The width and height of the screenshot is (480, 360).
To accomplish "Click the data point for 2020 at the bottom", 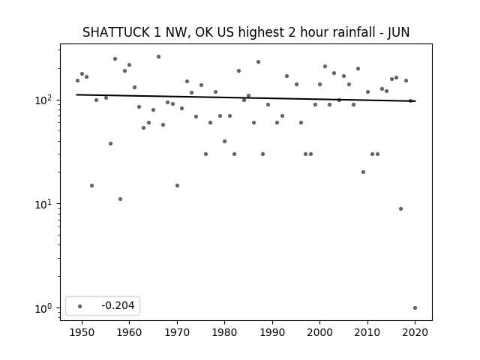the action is click(x=415, y=308).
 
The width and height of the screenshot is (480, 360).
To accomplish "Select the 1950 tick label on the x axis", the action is click(x=82, y=332).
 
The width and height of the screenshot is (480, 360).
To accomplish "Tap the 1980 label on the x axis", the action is click(x=224, y=332).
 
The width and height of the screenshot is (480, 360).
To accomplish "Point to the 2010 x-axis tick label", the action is click(x=367, y=332).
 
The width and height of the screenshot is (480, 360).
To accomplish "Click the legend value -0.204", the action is click(x=118, y=305).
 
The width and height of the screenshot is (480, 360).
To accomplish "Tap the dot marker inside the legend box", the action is click(x=80, y=306).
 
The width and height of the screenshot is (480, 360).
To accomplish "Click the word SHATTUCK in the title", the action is click(x=116, y=32).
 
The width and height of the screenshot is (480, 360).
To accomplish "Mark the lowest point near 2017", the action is click(x=400, y=208).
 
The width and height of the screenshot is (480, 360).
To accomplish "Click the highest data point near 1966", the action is click(x=158, y=57).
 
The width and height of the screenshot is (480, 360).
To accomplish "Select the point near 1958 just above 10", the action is click(x=120, y=199).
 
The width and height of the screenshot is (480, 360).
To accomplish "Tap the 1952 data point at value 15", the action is click(x=91, y=185).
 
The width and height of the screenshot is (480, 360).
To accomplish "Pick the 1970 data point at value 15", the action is click(x=177, y=185).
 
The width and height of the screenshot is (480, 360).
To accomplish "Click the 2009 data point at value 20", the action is click(x=363, y=172).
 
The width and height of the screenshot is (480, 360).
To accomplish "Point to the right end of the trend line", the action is click(x=415, y=101).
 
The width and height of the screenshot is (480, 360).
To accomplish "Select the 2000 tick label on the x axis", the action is click(x=319, y=332).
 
